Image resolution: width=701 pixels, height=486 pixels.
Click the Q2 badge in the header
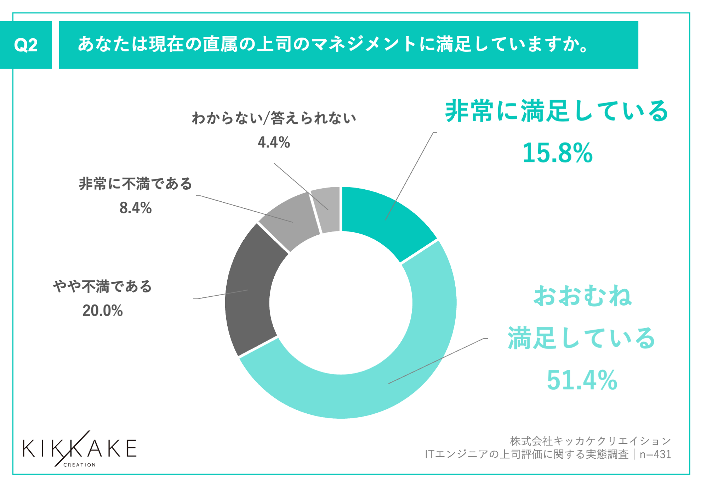(26, 45)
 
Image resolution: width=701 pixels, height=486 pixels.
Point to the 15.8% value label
(557, 153)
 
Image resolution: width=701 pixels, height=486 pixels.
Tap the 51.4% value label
(582, 380)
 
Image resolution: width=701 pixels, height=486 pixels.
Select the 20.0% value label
(103, 311)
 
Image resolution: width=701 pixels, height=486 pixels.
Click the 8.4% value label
(136, 208)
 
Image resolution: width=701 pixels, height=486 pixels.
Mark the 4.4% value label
(274, 143)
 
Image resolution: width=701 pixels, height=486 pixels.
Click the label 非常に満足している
(557, 111)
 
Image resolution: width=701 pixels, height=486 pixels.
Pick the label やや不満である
(103, 286)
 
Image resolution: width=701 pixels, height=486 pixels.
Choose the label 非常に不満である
(136, 184)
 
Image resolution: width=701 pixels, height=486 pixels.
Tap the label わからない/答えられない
(274, 118)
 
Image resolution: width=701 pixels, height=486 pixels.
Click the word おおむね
(582, 296)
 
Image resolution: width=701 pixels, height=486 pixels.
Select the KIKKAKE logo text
(80, 448)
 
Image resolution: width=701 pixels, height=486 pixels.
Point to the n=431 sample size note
(655, 454)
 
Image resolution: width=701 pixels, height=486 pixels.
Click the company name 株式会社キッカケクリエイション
(590, 441)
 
